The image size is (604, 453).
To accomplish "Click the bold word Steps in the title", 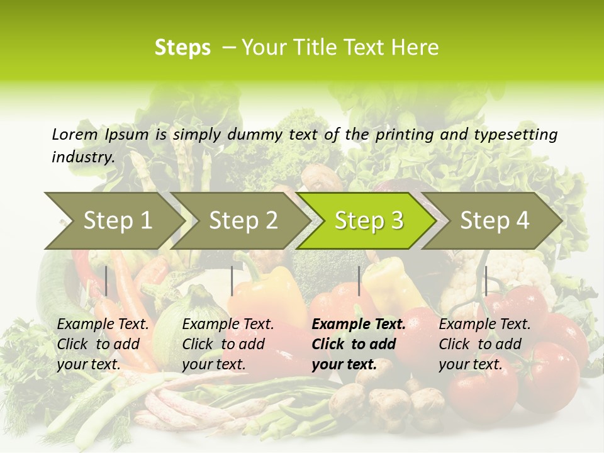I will click(182, 48).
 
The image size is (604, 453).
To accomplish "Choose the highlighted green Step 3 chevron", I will click(369, 220).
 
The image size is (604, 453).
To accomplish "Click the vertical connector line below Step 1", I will click(106, 281).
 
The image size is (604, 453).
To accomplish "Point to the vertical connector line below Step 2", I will click(232, 281).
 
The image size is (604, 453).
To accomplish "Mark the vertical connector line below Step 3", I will click(359, 281).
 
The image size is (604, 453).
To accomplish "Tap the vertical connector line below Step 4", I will click(486, 281).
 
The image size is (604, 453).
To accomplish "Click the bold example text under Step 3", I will click(358, 344).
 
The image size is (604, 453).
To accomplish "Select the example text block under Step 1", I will click(103, 344).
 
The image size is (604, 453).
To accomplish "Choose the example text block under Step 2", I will click(228, 344).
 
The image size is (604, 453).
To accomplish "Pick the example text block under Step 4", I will click(484, 344).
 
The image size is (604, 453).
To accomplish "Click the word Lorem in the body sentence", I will click(74, 134).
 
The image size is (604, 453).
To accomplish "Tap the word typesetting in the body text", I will click(515, 135).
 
